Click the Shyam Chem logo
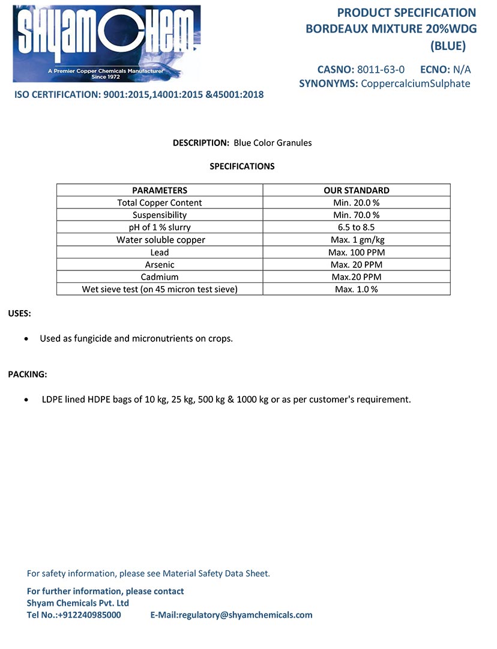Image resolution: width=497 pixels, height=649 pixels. (107, 43)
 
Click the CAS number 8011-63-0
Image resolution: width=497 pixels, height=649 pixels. (381, 69)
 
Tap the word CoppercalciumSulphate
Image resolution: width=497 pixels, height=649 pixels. (415, 84)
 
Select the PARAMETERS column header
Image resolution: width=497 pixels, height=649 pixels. (160, 190)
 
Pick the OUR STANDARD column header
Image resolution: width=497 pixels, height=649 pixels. (357, 190)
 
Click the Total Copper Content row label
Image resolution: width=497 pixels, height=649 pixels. (160, 203)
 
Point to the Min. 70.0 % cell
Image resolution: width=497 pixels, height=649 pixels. (357, 215)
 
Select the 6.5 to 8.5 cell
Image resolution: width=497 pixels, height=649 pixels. (357, 227)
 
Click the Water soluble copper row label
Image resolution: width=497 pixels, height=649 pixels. (160, 240)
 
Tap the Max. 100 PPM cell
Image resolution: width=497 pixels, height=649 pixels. (357, 252)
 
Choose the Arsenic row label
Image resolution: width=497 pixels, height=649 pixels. (160, 264)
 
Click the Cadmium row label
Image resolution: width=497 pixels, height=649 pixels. (160, 277)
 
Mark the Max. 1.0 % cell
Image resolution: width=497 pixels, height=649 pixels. (357, 289)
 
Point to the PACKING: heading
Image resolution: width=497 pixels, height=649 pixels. (27, 374)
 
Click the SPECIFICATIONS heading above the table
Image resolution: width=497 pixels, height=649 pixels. (242, 166)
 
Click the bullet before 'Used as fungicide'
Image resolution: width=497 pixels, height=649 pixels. (25, 339)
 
